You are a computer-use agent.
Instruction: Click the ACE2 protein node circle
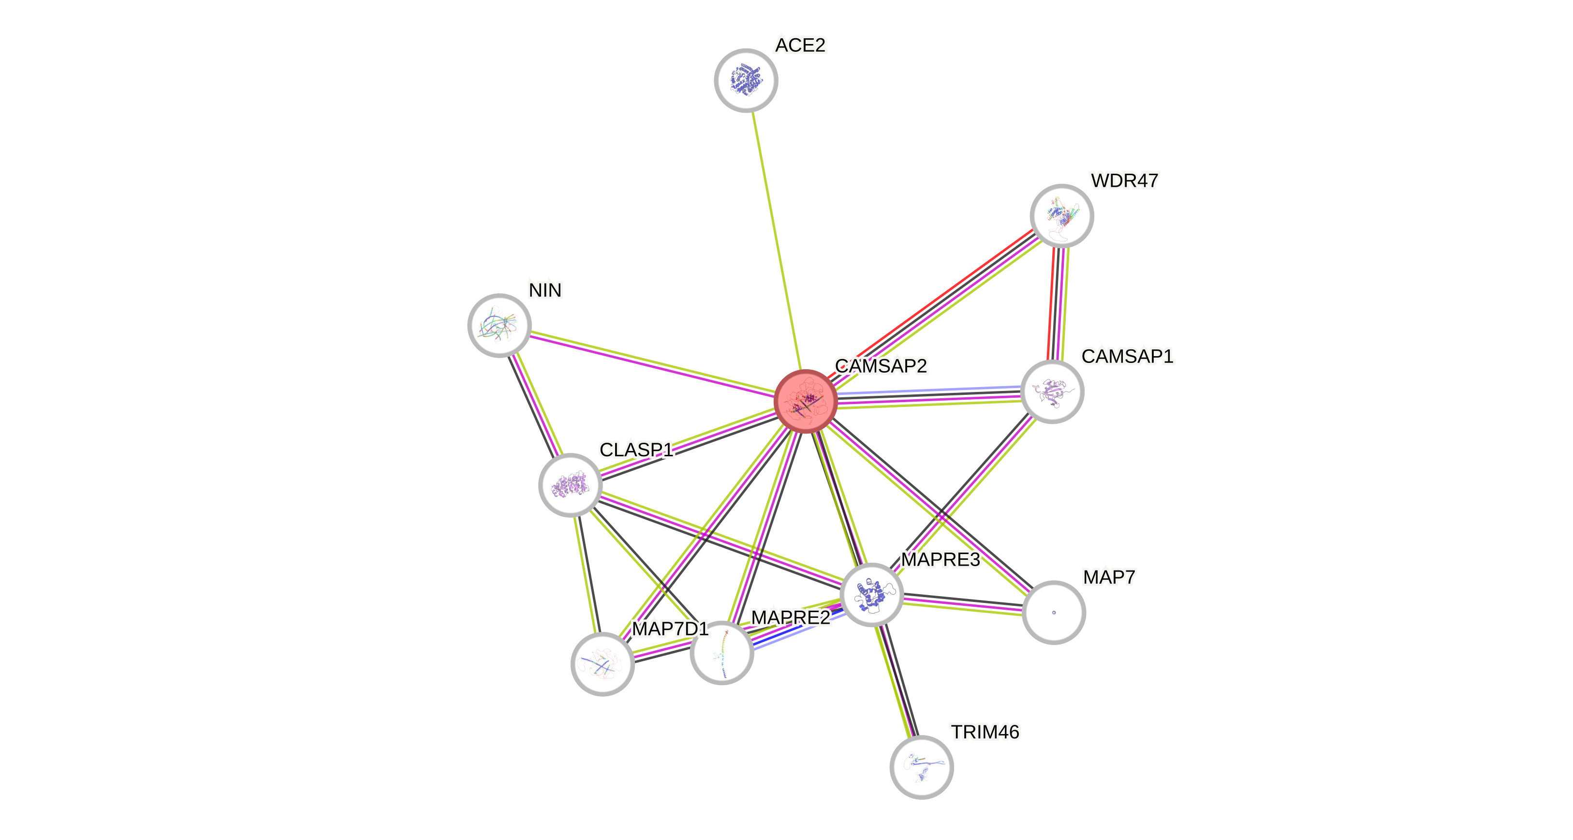point(746,80)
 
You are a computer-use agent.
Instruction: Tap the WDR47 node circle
point(1061,216)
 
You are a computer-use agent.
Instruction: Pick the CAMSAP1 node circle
point(1052,391)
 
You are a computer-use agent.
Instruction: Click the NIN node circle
point(499,325)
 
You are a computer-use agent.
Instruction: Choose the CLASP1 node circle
point(570,485)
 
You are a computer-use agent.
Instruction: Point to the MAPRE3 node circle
point(871,594)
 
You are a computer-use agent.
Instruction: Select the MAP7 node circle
point(1053,612)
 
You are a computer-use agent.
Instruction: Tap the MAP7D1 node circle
point(602,664)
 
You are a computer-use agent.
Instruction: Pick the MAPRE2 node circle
point(721,652)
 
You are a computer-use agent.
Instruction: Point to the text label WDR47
point(1124,181)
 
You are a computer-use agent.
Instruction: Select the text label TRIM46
point(985,732)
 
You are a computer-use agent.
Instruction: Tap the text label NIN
point(544,290)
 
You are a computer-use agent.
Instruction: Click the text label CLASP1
point(636,450)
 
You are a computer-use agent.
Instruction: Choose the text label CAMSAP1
point(1127,356)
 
